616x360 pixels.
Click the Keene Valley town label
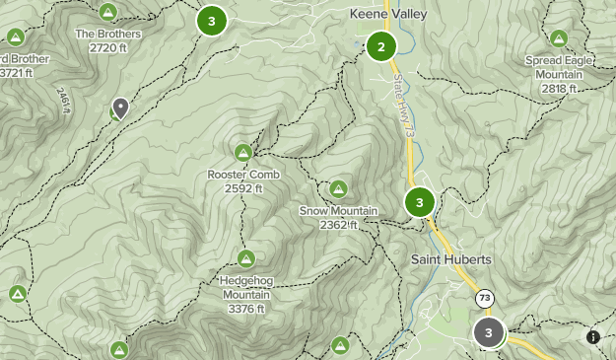[x=384, y=15]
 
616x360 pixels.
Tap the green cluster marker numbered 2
[x=380, y=45]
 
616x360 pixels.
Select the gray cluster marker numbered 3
[x=488, y=332]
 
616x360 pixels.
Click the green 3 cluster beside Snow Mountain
[x=419, y=203]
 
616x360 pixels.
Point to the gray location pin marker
[x=121, y=108]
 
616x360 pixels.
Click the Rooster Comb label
[x=243, y=175]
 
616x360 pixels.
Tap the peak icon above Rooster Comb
[x=243, y=152]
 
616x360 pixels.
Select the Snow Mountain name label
[x=339, y=211]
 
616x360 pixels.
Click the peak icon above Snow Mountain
[x=338, y=188]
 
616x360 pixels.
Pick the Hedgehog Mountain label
[x=245, y=287]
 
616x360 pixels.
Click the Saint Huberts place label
[x=450, y=259]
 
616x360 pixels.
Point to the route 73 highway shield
[x=484, y=297]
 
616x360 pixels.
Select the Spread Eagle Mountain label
[x=559, y=66]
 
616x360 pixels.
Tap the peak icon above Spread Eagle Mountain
[x=559, y=39]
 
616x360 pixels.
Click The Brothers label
[x=108, y=34]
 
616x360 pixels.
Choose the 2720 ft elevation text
[x=108, y=47]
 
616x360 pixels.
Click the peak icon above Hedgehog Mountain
[x=245, y=258]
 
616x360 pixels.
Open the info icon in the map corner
[x=592, y=336]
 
